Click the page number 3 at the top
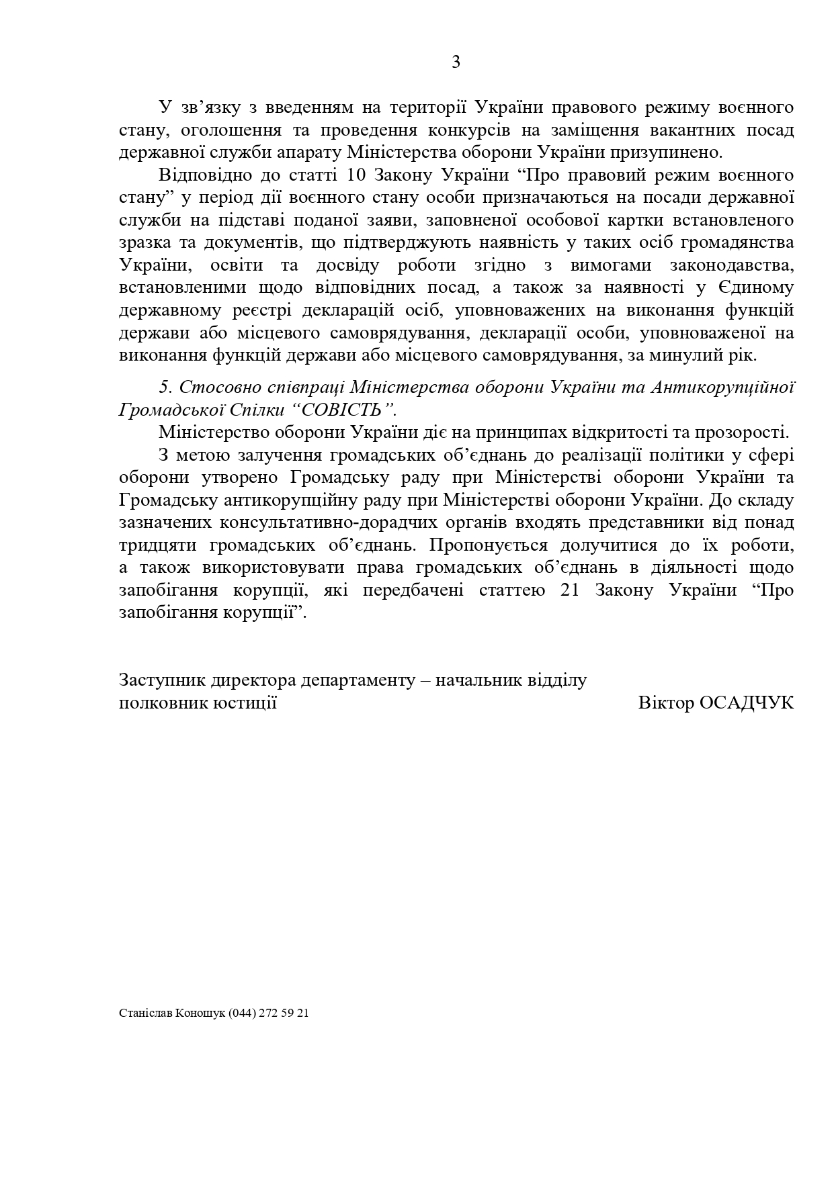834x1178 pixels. (x=456, y=62)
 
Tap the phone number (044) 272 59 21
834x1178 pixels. (x=269, y=1013)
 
